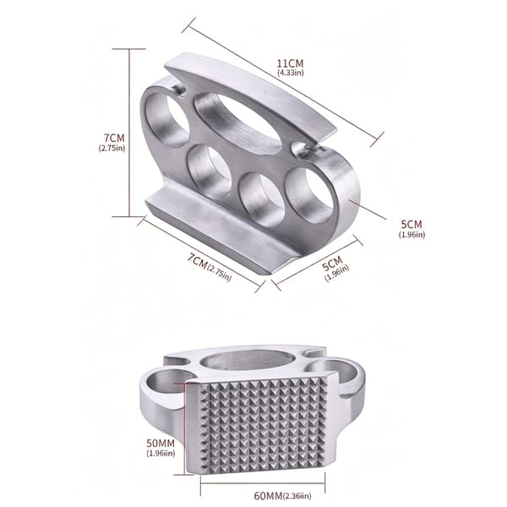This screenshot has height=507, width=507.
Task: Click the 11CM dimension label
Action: [291, 63]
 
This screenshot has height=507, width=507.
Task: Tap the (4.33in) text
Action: [291, 73]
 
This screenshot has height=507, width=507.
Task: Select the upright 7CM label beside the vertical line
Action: [114, 138]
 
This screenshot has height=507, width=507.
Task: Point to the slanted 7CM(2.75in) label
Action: [210, 267]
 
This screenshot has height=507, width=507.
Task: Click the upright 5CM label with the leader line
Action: [412, 224]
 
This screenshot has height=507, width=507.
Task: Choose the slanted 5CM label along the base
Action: [333, 264]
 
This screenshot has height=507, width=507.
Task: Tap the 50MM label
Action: [161, 443]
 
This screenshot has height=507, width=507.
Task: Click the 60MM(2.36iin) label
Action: [282, 495]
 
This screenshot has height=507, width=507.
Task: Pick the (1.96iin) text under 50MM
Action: [161, 453]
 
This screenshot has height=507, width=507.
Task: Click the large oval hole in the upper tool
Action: [237, 121]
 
